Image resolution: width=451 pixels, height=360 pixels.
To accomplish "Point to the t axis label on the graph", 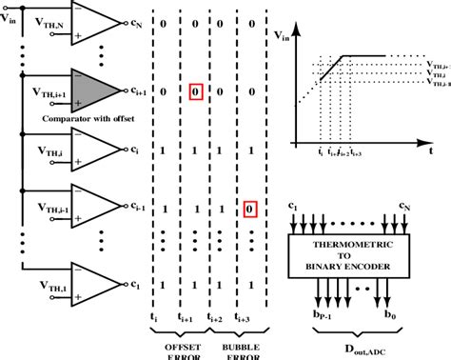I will [x=432, y=150].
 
